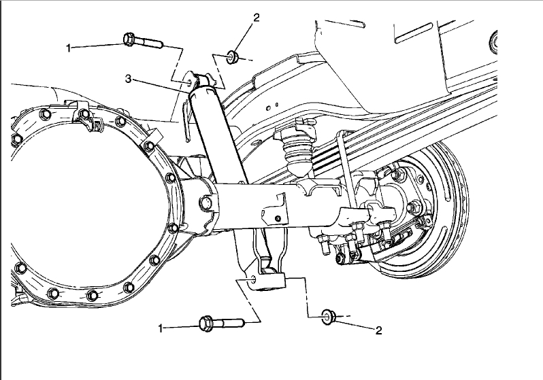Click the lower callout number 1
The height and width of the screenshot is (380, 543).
(x=162, y=328)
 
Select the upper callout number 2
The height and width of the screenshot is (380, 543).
(x=256, y=18)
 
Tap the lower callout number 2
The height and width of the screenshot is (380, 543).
(x=379, y=330)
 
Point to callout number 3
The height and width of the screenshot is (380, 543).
(x=128, y=79)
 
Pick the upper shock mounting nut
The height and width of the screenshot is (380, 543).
(x=231, y=56)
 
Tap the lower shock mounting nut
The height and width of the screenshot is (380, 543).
(x=327, y=315)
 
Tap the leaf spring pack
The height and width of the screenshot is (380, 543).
(x=381, y=146)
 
